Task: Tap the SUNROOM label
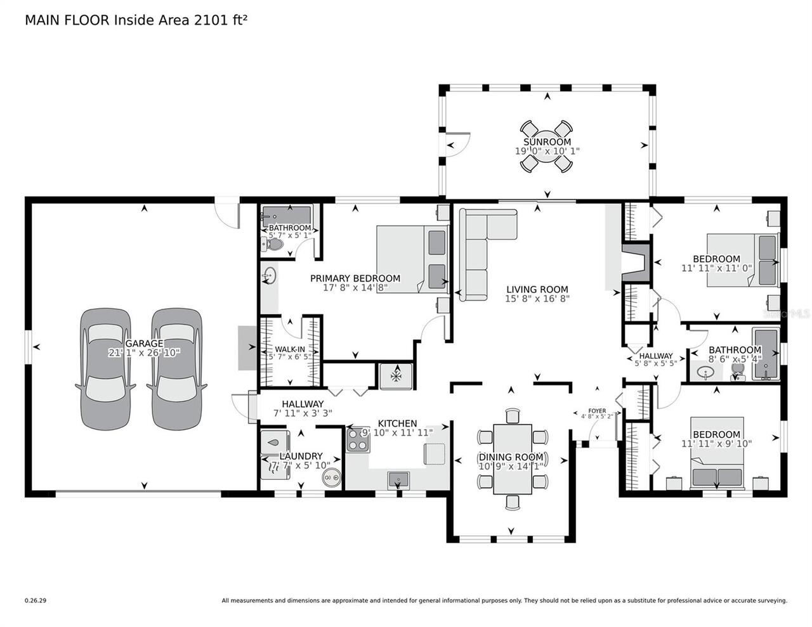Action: (547, 142)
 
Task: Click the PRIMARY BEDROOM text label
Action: (355, 278)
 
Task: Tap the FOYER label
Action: (597, 411)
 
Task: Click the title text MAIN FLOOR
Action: (67, 20)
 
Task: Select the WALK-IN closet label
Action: (290, 349)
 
